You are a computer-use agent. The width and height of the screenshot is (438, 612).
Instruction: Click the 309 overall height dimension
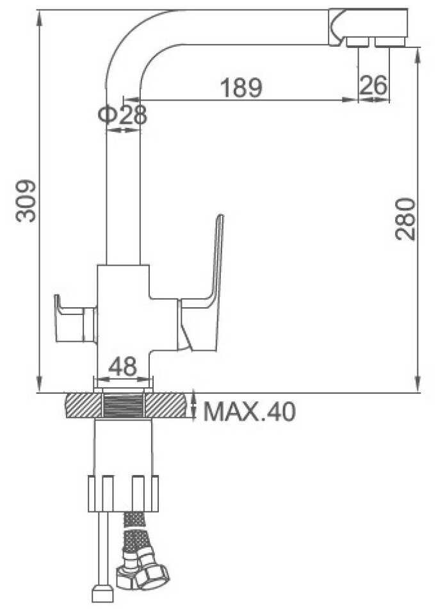tap(26, 200)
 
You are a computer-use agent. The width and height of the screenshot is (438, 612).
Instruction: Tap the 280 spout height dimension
tap(405, 219)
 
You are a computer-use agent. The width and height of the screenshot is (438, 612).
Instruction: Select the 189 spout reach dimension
tap(241, 88)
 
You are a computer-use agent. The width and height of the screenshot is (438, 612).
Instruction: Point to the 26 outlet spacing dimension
tap(373, 85)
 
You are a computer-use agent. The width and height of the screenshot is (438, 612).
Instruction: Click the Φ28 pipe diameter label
tap(122, 115)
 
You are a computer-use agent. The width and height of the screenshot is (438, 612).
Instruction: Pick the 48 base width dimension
tap(122, 366)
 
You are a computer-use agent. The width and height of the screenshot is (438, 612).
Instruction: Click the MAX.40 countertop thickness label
tap(250, 411)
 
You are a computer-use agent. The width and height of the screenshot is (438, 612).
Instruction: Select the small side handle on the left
tap(75, 319)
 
